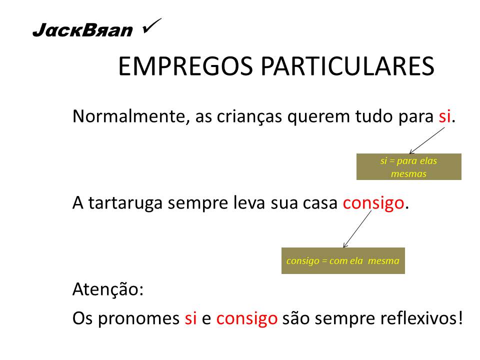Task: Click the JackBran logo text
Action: tap(82, 31)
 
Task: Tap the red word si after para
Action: tap(444, 116)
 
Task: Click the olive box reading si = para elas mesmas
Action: tap(408, 167)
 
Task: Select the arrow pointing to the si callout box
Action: tap(426, 140)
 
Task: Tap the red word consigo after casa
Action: tap(373, 202)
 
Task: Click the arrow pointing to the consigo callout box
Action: tap(357, 228)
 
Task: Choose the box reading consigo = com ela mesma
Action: tap(343, 261)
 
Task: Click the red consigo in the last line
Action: tap(247, 318)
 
